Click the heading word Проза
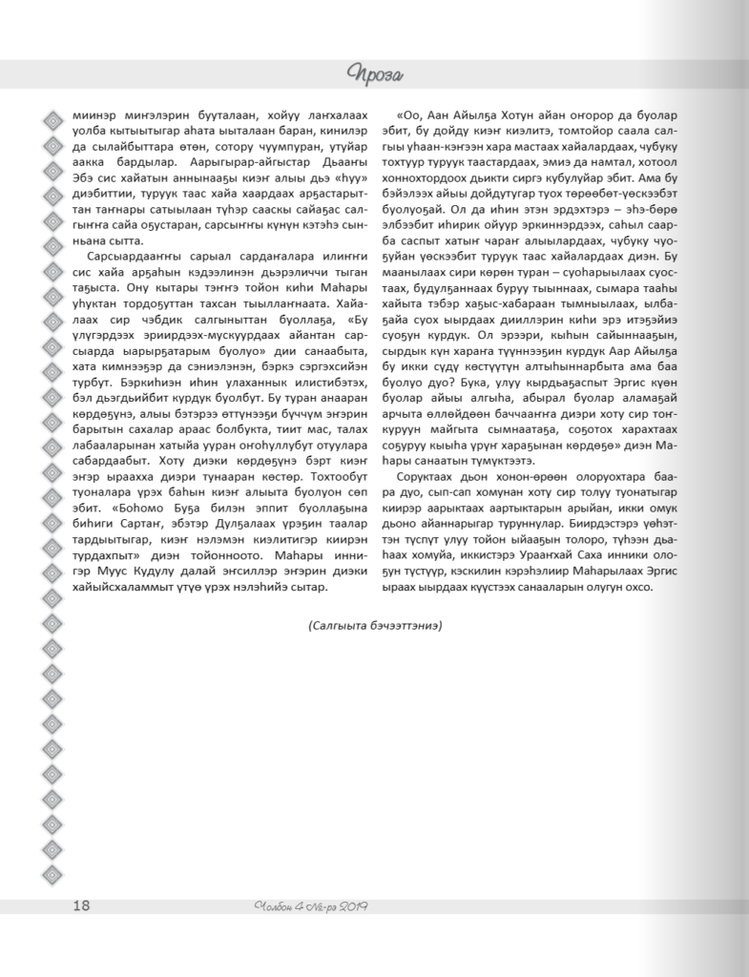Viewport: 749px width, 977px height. (375, 73)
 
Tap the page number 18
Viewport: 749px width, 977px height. (81, 904)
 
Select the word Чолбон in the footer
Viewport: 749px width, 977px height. (276, 904)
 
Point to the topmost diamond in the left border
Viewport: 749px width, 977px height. (52, 119)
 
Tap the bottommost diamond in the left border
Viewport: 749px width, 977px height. (52, 876)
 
